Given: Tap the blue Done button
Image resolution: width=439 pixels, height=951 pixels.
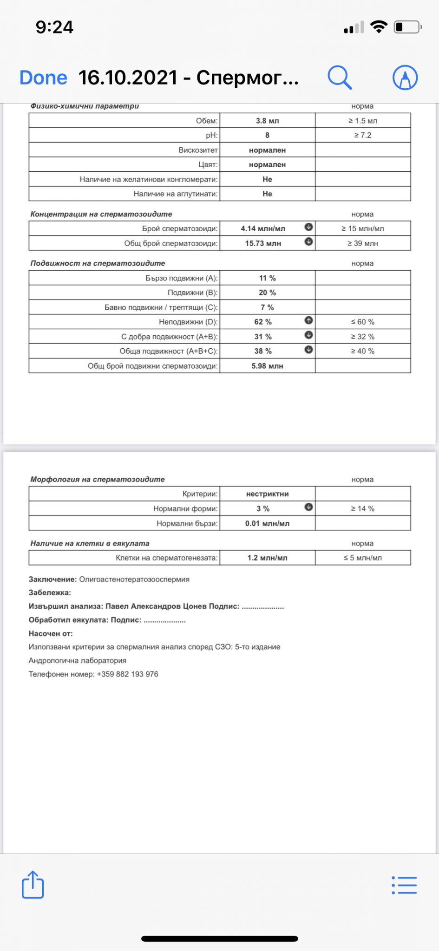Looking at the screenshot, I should point(43,78).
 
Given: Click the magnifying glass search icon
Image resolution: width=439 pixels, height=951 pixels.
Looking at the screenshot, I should point(340,77).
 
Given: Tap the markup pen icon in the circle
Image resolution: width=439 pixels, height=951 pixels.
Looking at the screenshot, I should point(405,77).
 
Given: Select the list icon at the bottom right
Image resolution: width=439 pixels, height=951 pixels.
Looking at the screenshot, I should point(404,885).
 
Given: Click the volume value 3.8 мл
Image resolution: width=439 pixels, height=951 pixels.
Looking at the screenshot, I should point(267,121).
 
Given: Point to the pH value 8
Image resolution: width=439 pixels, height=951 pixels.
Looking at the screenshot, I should point(267,135).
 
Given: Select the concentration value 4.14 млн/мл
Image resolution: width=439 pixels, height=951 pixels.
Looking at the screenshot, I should point(263,228).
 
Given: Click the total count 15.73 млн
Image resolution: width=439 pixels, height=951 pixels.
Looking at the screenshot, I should point(263,243).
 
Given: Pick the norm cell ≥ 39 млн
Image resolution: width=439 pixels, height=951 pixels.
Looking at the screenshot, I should point(363,243).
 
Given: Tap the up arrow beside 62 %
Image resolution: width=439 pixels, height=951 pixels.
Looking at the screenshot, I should point(308,320).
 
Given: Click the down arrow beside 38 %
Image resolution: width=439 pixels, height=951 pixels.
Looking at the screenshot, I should point(308,350).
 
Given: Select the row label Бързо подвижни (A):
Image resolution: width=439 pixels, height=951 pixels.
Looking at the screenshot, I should point(181,278).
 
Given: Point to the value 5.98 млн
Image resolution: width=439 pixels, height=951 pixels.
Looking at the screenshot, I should point(267,366).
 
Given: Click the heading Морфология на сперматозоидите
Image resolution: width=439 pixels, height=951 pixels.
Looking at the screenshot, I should point(98,479).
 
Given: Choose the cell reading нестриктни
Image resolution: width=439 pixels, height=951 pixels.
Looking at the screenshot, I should point(267,494).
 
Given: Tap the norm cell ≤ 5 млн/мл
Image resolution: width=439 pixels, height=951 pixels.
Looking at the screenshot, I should point(363,558).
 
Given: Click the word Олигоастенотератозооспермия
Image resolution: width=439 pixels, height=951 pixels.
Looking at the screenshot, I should point(134,580).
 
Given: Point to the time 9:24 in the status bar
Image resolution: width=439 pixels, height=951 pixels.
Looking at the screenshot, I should point(54,27).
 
